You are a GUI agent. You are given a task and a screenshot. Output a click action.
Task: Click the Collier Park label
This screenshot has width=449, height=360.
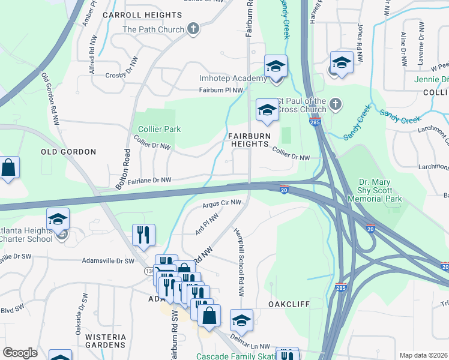click(159, 129)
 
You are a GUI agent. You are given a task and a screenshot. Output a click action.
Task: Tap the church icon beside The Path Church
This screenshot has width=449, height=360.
click(193, 28)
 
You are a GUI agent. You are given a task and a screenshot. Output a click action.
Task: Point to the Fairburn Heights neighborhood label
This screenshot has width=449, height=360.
click(248, 140)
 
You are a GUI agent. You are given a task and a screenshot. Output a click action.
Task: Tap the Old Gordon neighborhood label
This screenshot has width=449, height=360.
click(68, 152)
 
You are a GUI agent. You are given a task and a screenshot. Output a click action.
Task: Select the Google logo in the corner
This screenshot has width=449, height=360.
click(20, 353)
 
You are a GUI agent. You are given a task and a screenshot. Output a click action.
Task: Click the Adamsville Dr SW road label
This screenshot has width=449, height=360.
click(109, 261)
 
